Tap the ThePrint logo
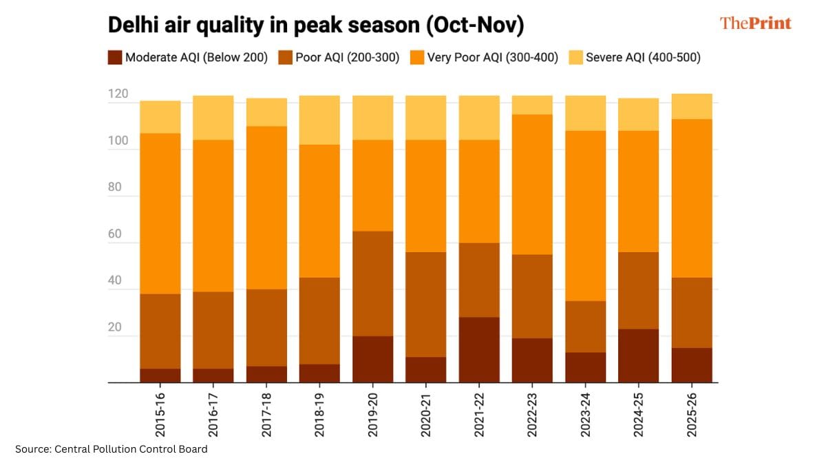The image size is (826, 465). click(755, 23)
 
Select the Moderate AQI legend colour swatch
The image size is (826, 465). click(114, 58)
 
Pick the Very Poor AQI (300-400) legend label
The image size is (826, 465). click(492, 58)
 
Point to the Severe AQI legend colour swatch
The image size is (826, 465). click(575, 58)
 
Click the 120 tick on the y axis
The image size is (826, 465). click(118, 94)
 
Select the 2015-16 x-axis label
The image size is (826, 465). click(160, 416)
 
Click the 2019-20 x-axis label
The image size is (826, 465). click(373, 416)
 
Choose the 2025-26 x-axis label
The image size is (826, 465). click(692, 416)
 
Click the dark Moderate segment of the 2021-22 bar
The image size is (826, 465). click(479, 349)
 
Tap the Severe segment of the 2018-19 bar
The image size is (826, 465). click(319, 120)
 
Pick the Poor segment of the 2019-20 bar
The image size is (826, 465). click(373, 283)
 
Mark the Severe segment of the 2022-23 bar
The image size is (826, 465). click(532, 105)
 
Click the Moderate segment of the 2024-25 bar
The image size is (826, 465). click(638, 355)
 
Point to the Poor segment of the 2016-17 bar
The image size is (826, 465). click(213, 330)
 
